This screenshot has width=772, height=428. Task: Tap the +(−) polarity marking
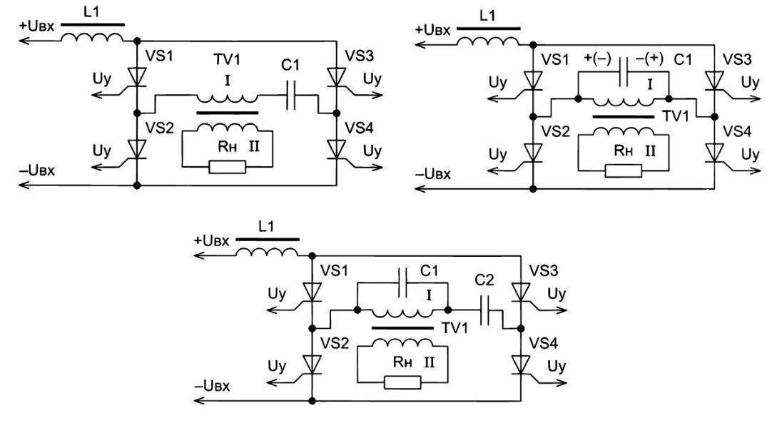click(596, 59)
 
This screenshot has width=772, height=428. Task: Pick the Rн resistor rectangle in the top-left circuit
click(227, 167)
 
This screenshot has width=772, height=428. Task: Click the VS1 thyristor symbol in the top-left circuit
click(137, 76)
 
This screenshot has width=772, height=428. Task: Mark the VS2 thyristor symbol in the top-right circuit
click(532, 152)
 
